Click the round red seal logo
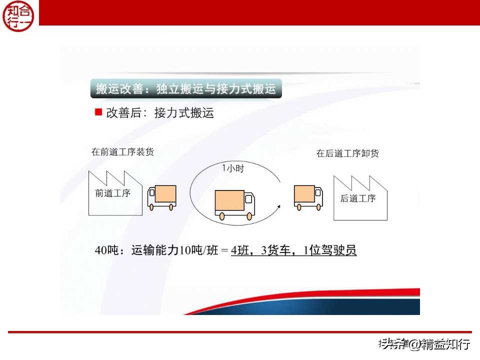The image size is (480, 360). click(x=19, y=16)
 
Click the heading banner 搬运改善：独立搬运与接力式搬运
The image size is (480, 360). click(x=186, y=89)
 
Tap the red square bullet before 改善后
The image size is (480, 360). click(x=98, y=112)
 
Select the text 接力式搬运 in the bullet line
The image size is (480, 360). click(x=184, y=113)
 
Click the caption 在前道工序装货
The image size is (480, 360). click(x=122, y=152)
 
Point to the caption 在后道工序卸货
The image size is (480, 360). click(x=347, y=153)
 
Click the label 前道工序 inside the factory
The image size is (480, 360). click(x=112, y=193)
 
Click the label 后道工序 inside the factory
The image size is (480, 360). click(x=358, y=198)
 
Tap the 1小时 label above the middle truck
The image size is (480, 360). click(x=233, y=168)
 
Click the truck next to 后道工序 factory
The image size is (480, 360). click(x=307, y=197)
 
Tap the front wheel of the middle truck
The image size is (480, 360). click(x=248, y=216)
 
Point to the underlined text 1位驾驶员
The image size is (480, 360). click(x=330, y=250)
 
